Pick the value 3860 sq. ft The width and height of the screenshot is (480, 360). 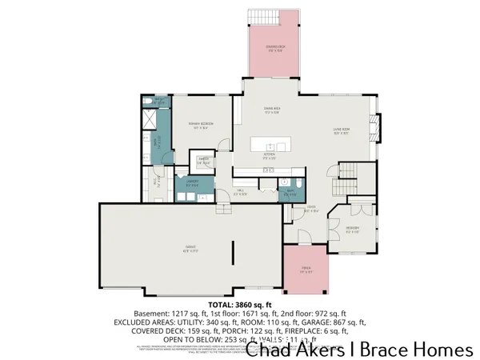coord(254,305)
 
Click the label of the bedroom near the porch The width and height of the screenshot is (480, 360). coord(352,229)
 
